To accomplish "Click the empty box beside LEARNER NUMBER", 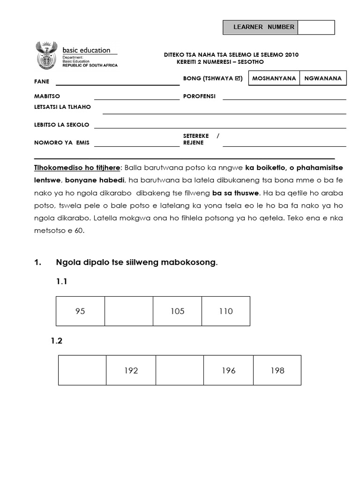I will (316, 27).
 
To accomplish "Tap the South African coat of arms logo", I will (46, 56).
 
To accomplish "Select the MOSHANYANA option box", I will (274, 78).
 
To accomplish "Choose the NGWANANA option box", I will (323, 78).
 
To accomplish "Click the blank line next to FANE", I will (117, 82).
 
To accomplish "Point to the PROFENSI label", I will (199, 96).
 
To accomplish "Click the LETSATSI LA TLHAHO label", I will (62, 107).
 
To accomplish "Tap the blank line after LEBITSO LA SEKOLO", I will (220, 126).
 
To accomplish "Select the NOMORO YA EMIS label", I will (61, 142).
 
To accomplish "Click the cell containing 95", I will (80, 311).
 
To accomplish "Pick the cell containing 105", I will (178, 311).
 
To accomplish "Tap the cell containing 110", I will (226, 311).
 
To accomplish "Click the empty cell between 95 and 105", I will (129, 311).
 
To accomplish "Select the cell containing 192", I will (131, 370).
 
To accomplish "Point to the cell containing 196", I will (229, 370).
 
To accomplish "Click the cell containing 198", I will (277, 370).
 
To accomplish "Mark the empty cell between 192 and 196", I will (180, 370).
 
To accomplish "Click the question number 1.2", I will (56, 341).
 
